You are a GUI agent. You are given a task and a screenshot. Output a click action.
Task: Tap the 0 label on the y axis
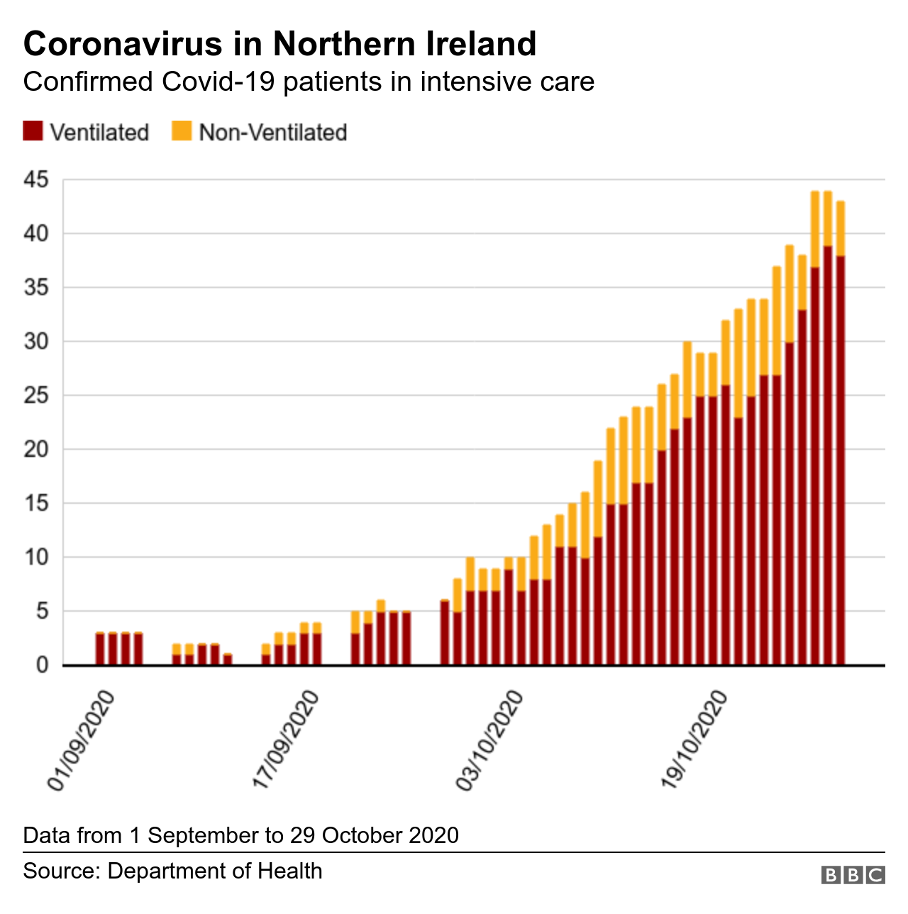[x=43, y=666]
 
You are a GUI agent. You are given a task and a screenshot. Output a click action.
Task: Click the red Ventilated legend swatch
[x=33, y=131]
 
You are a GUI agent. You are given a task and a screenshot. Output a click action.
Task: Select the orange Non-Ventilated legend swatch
[x=182, y=131]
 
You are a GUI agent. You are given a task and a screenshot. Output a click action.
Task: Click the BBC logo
[x=853, y=874]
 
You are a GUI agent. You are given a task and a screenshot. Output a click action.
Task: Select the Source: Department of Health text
[x=172, y=871]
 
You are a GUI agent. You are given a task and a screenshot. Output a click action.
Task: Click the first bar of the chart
[x=100, y=649]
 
